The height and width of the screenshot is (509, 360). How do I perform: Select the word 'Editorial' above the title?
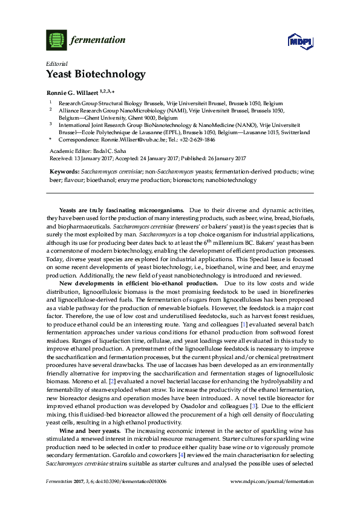56,63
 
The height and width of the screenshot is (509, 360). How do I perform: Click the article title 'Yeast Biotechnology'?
96,75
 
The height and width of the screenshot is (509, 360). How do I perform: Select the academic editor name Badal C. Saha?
112,151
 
